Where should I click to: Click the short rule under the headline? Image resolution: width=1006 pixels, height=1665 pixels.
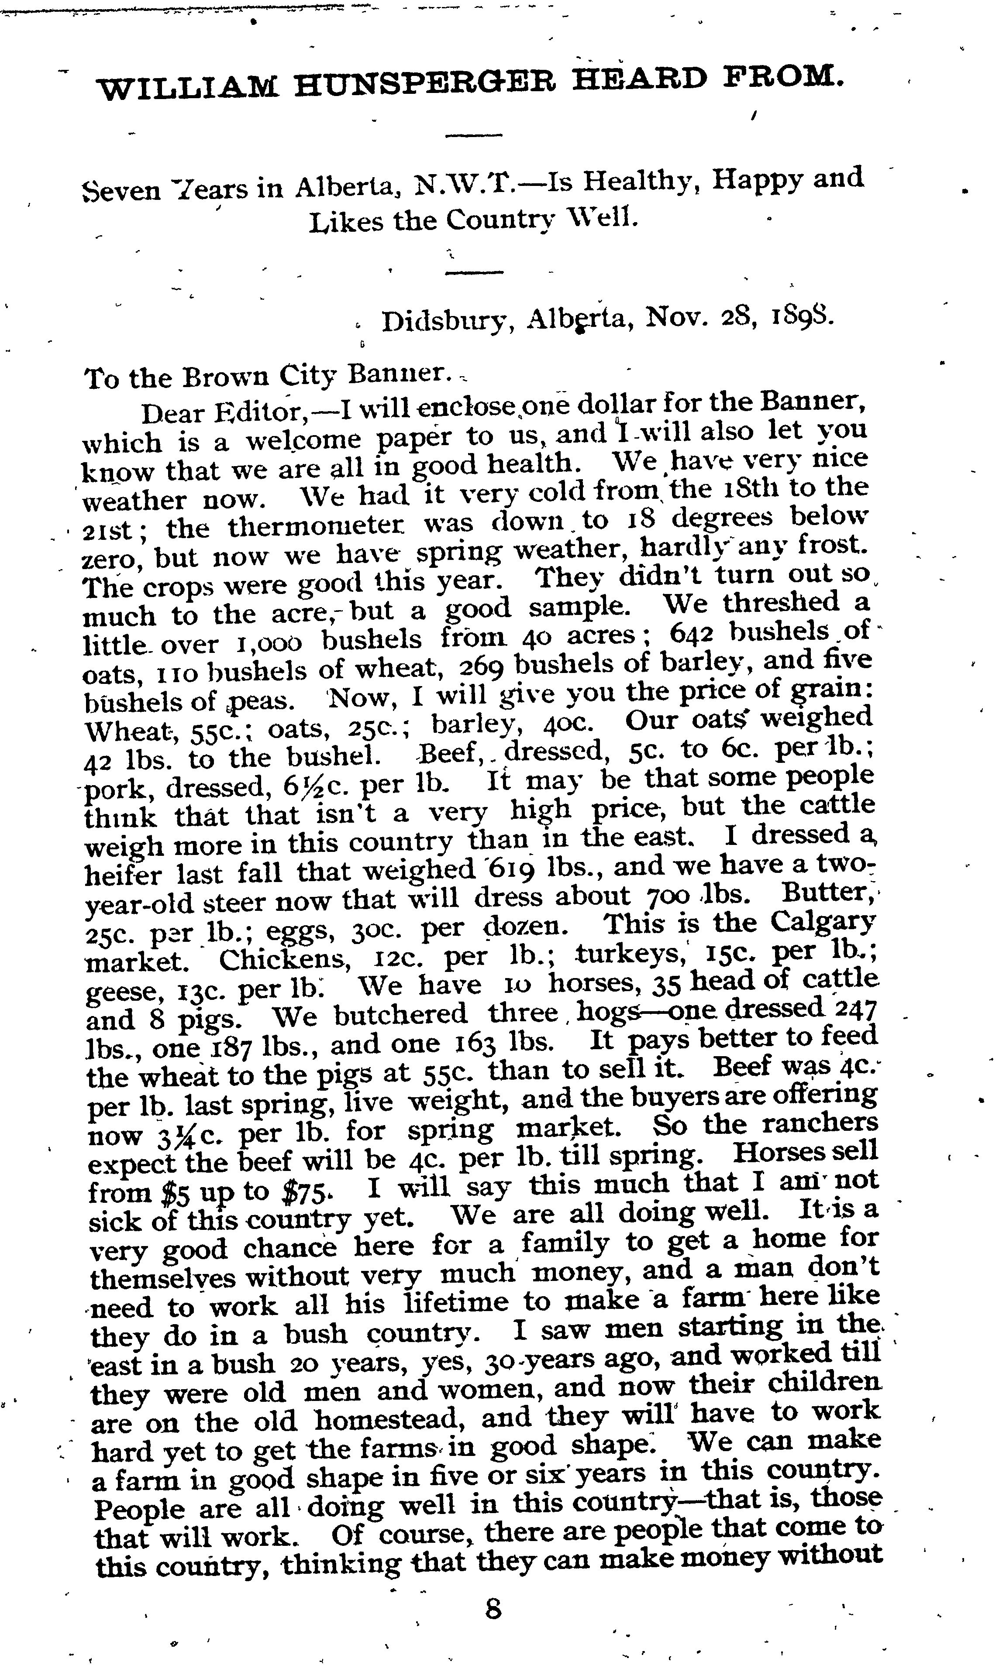pos(474,135)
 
